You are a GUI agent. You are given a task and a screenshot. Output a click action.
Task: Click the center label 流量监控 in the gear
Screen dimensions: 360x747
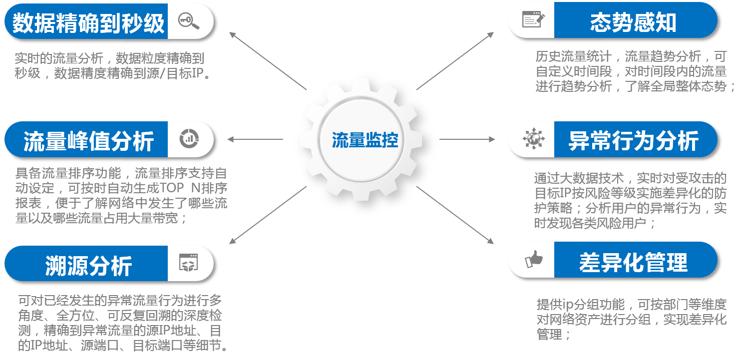click(365, 140)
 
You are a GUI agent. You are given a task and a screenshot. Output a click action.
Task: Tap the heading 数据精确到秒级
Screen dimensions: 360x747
click(88, 23)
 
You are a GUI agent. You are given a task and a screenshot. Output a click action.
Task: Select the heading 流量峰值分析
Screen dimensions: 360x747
click(88, 141)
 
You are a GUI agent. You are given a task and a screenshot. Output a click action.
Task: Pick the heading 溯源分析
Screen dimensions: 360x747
click(88, 265)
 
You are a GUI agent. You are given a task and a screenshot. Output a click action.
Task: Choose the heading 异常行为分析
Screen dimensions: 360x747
click(633, 141)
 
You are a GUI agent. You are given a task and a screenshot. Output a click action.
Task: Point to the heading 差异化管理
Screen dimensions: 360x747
click(633, 262)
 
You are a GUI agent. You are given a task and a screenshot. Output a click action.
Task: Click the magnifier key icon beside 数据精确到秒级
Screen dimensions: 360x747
click(189, 21)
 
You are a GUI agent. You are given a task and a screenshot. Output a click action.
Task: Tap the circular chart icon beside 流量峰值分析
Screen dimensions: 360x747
click(189, 138)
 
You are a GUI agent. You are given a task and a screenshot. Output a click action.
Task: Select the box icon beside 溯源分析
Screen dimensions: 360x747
click(189, 263)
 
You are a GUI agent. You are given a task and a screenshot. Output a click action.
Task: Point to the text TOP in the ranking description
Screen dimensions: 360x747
click(173, 189)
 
